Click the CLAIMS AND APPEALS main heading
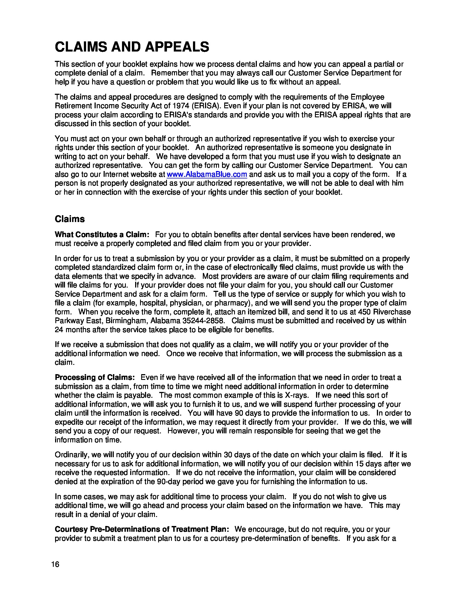(132, 47)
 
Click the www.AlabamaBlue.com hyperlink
(207, 174)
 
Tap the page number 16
(55, 564)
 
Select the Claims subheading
(70, 219)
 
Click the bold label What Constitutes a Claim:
(102, 235)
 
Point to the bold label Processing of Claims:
(95, 377)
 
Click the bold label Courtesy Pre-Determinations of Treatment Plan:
(142, 529)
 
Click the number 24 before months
(59, 330)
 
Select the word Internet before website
(116, 174)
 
